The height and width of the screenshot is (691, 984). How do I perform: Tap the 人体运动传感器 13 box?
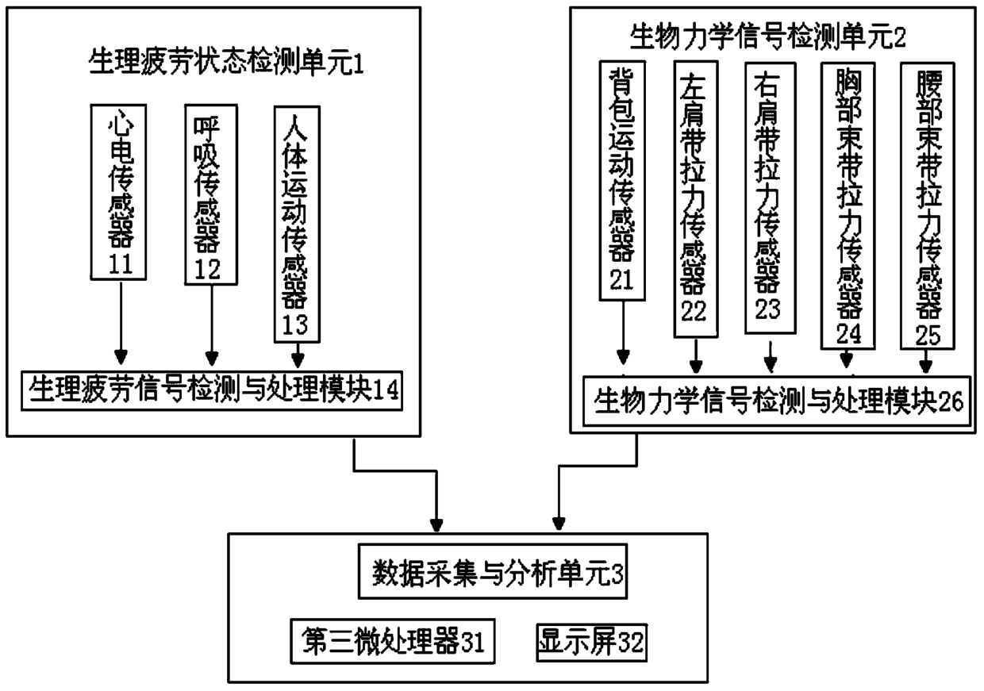[x=298, y=225]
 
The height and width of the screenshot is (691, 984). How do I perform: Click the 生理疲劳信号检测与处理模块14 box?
[x=213, y=390]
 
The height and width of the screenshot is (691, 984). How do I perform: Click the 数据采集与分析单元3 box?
[x=493, y=572]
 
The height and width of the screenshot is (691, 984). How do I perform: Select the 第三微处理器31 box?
[x=393, y=639]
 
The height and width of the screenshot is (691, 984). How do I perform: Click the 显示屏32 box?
[x=590, y=639]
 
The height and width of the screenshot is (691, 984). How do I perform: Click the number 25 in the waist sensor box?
[x=926, y=334]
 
